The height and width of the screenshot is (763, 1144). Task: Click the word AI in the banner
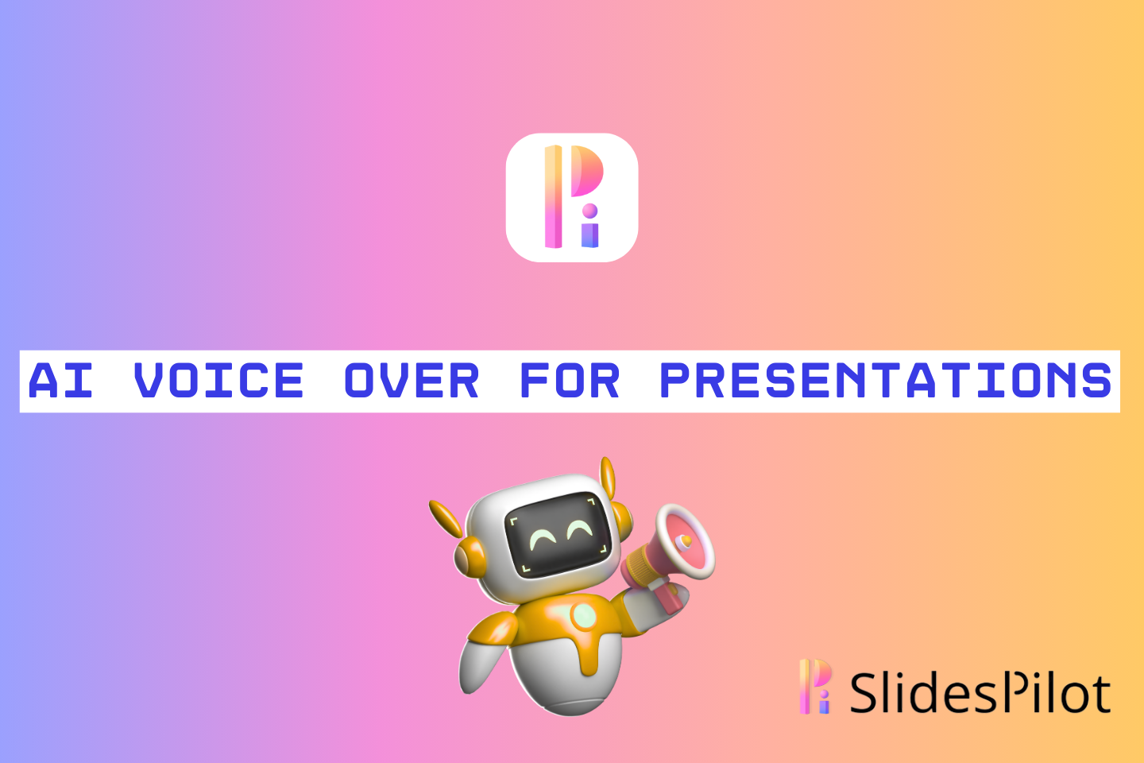tap(60, 381)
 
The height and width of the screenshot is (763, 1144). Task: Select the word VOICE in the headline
tap(218, 381)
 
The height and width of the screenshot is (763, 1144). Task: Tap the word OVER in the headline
tap(412, 381)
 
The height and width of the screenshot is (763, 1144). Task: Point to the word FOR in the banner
tap(569, 381)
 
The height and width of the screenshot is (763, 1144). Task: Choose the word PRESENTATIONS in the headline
tap(886, 381)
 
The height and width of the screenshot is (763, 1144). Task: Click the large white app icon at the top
tap(572, 197)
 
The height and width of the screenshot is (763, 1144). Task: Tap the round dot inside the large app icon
tap(589, 211)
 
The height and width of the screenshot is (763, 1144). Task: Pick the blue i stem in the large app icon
tap(589, 235)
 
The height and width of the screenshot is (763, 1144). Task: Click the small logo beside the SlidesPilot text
tap(815, 687)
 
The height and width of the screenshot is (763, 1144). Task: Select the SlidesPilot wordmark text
tap(980, 693)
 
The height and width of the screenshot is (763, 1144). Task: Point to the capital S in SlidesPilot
tap(864, 694)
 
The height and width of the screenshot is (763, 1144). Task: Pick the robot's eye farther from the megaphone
tap(544, 540)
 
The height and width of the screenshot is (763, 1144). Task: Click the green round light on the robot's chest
tap(583, 615)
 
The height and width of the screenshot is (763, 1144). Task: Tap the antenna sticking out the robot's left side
tap(446, 518)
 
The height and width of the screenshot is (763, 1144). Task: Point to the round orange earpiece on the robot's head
tap(469, 557)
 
